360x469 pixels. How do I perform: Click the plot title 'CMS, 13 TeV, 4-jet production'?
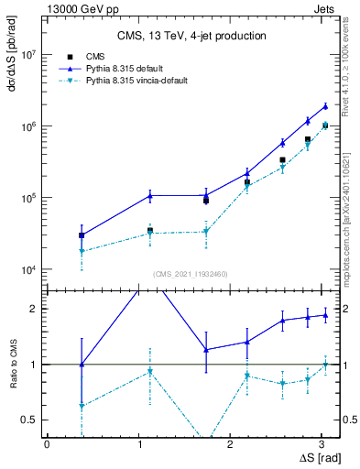pos(191,36)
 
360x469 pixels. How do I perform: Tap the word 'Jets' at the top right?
pos(323,6)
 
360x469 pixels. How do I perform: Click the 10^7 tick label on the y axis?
pos(30,55)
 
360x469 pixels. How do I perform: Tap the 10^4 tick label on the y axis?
pos(30,269)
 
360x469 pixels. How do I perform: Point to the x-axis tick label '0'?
pos(47,444)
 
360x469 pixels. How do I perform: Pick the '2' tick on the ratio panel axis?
pos(36,309)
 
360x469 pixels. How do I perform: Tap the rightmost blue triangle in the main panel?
pos(325,106)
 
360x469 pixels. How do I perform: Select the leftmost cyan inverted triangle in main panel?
pos(82,251)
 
